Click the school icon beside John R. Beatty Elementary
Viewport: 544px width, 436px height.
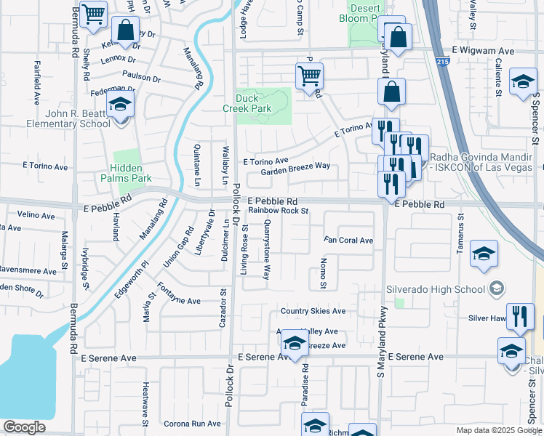pyautogui.click(x=120, y=105)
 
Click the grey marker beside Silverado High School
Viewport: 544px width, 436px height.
pyautogui.click(x=496, y=289)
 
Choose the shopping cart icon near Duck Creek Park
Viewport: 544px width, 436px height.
pyautogui.click(x=310, y=76)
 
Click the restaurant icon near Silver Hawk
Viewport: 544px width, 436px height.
pyautogui.click(x=519, y=316)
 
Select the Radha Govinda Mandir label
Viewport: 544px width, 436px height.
pyautogui.click(x=487, y=161)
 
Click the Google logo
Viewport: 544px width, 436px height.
pyautogui.click(x=24, y=427)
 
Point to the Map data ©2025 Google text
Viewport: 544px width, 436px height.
pyautogui.click(x=500, y=430)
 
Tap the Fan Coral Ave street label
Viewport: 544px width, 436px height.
pyautogui.click(x=348, y=241)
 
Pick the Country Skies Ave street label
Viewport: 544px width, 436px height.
pyautogui.click(x=313, y=311)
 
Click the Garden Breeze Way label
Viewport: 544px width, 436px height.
pyautogui.click(x=295, y=166)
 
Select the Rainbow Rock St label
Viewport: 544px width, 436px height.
pyautogui.click(x=279, y=211)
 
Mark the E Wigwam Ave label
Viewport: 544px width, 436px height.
pyautogui.click(x=482, y=51)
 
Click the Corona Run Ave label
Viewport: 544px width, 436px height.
pyautogui.click(x=191, y=424)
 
